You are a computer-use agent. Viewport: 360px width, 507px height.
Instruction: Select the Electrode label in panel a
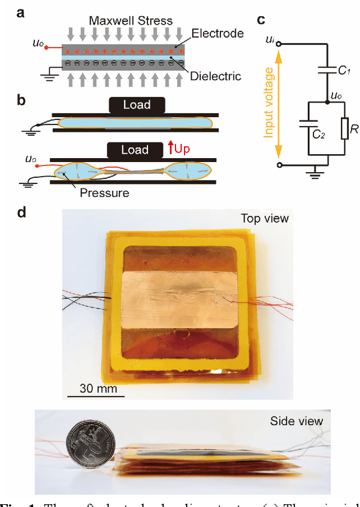coord(217,33)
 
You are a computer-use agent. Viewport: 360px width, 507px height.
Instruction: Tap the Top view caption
coord(264,218)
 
